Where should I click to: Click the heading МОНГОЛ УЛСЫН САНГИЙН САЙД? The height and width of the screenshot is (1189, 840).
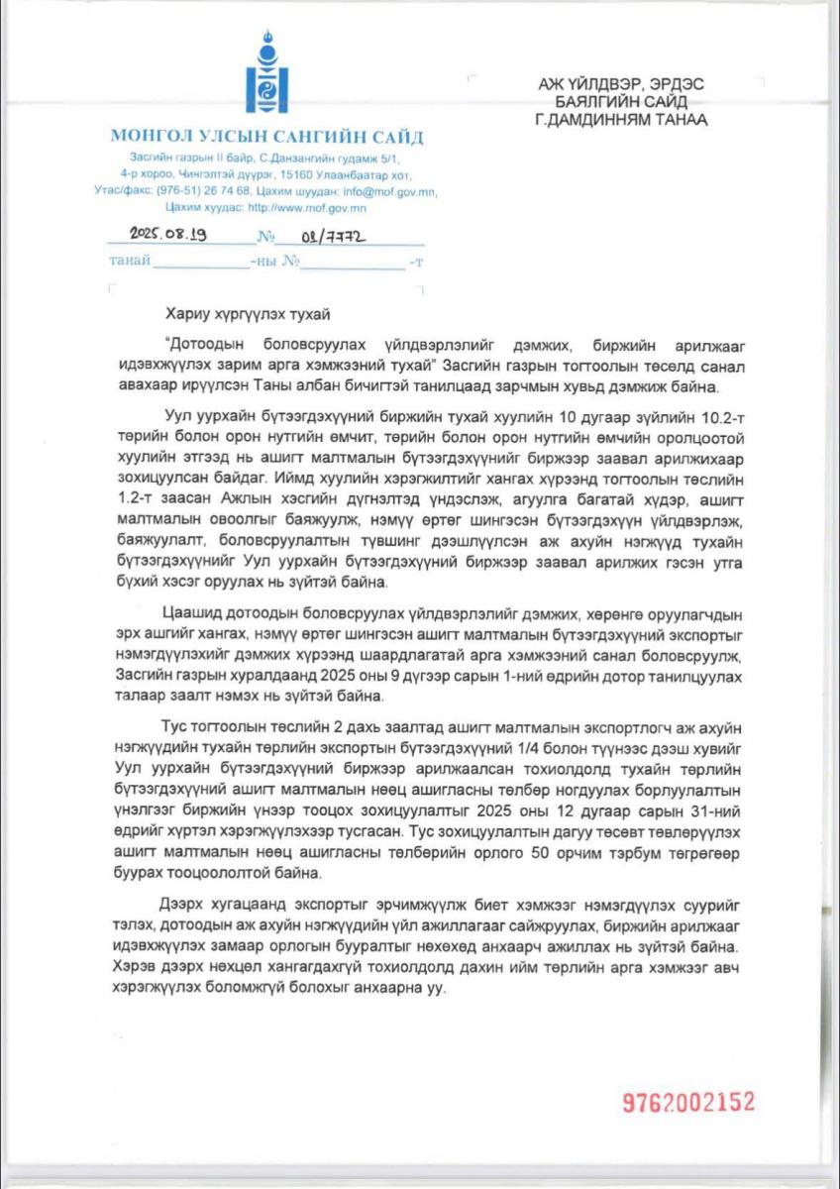pyautogui.click(x=266, y=137)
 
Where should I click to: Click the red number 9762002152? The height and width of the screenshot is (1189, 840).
pyautogui.click(x=688, y=1102)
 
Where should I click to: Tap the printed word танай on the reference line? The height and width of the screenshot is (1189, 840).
pyautogui.click(x=131, y=262)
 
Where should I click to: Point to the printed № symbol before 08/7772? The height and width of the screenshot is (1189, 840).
pyautogui.click(x=265, y=238)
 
